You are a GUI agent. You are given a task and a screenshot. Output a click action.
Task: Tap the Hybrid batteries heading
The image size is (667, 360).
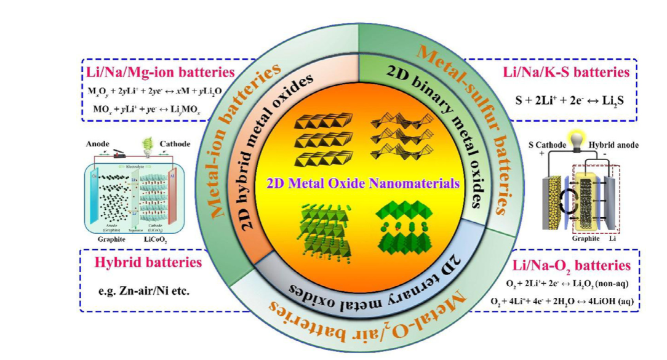point(148,263)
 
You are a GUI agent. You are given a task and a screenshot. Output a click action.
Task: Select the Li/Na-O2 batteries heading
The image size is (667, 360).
point(572,266)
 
